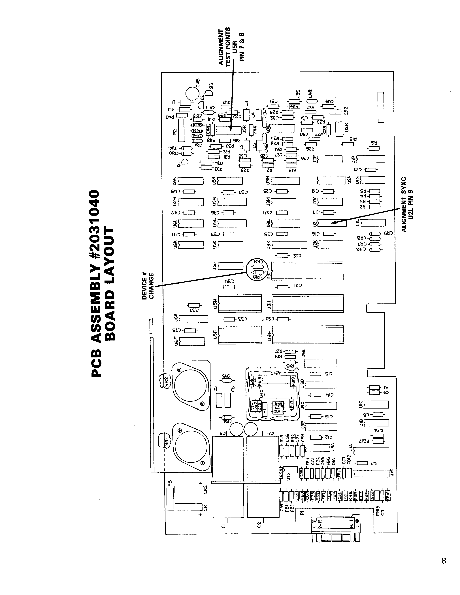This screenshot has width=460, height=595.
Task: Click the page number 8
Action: (444, 560)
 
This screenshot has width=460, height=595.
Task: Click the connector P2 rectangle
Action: (181, 130)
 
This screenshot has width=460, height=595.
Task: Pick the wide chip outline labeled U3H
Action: (308, 303)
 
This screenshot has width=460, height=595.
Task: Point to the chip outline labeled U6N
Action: (190, 181)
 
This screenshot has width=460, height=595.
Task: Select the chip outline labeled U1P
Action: (370, 159)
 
